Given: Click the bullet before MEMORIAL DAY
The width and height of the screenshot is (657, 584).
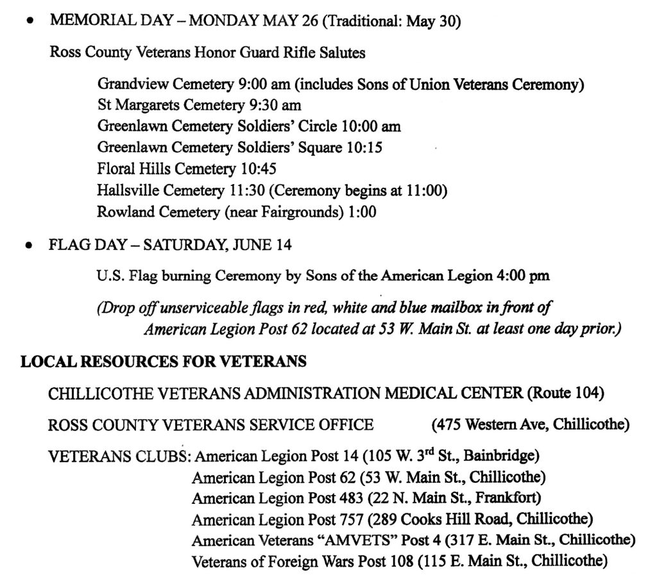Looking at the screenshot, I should pos(28,21).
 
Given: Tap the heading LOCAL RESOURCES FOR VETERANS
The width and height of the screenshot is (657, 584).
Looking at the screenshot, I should pos(163,362).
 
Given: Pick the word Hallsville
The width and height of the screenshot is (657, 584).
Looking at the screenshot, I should pos(128,190).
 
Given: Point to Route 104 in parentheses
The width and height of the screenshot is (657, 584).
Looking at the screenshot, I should pos(565,393).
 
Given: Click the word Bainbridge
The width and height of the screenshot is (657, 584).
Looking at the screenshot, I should pos(499,456).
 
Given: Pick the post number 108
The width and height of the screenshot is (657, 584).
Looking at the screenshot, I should pos(398,560).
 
